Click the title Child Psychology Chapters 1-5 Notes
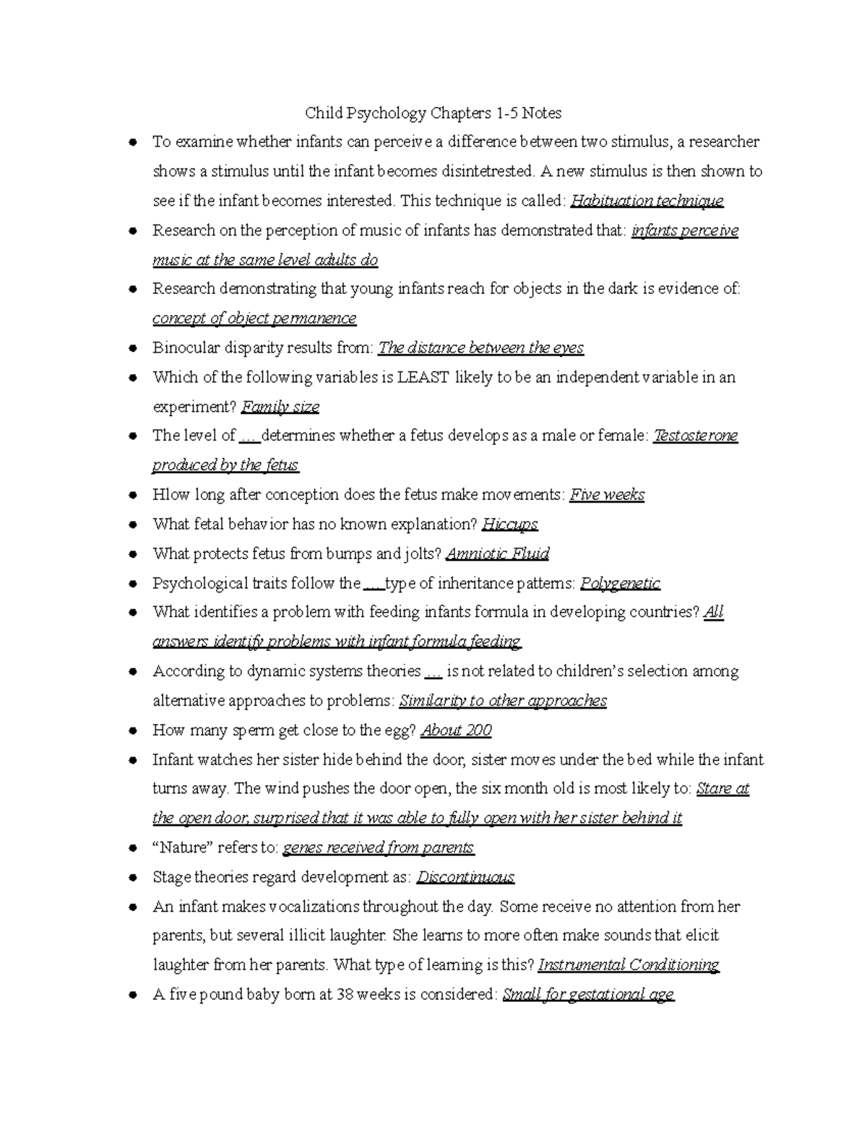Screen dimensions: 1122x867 [x=433, y=113]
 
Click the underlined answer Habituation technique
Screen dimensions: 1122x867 [x=647, y=201]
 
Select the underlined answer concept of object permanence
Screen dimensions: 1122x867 [x=254, y=319]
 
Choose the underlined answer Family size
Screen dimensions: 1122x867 [x=280, y=407]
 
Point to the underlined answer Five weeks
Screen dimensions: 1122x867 [x=607, y=495]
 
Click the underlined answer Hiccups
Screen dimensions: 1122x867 [x=510, y=525]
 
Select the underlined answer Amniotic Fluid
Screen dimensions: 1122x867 [x=498, y=554]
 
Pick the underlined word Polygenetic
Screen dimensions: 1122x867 [x=620, y=583]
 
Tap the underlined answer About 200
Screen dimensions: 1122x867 [x=456, y=730]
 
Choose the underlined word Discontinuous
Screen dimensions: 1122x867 [x=465, y=877]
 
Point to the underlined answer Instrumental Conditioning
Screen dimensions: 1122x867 [x=629, y=965]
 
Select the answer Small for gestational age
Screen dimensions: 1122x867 [x=588, y=995]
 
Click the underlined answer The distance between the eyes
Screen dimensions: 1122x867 [x=481, y=348]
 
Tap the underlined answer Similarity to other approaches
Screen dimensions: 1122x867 [x=503, y=701]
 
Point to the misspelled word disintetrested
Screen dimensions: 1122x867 [x=488, y=171]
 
